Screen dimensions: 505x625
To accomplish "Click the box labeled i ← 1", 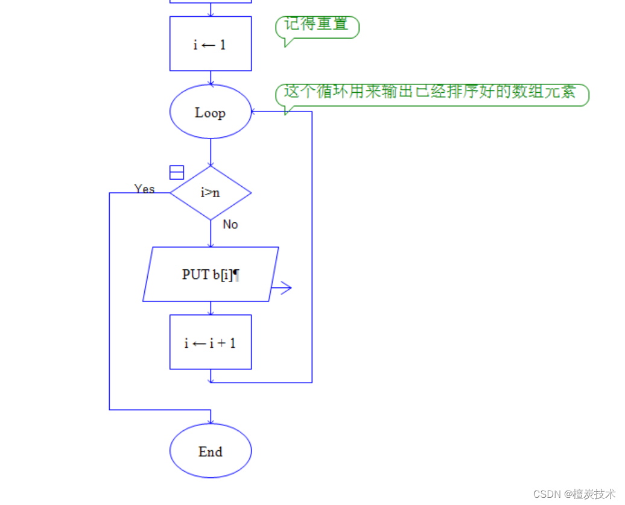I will pos(210,44).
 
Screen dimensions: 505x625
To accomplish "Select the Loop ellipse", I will pos(210,113).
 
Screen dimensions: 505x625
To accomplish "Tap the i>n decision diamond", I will pos(210,193).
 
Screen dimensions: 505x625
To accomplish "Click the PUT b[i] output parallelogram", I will pos(210,274).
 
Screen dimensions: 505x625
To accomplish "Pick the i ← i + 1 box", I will pos(210,342).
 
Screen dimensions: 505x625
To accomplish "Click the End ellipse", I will pos(210,451).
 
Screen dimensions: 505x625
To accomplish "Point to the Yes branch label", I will pos(145,189).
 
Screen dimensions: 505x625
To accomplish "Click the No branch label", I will pos(230,224).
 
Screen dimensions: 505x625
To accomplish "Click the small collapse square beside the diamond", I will pos(177,172).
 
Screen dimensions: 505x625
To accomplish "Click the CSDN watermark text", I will pos(574,494).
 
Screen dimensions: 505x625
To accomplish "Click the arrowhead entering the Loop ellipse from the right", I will pos(255,111).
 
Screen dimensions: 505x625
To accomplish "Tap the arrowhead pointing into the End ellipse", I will pos(211,420).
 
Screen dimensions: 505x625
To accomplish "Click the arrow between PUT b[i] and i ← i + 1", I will pos(211,308).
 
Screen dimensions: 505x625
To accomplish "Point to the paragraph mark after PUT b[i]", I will pos(236,274).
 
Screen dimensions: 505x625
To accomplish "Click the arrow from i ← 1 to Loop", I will pos(211,78).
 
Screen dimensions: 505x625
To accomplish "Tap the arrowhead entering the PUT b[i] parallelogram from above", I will pos(211,243).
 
